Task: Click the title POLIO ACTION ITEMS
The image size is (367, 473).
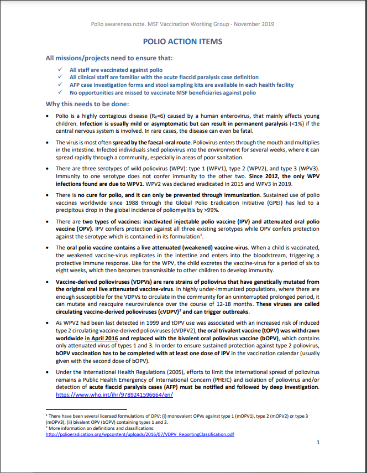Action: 182,41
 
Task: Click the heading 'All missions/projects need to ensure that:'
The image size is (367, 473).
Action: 109,58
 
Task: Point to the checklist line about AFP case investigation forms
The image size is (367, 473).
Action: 181,85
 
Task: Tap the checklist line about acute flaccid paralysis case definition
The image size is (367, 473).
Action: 164,77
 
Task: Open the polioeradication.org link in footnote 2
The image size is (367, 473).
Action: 140,434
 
